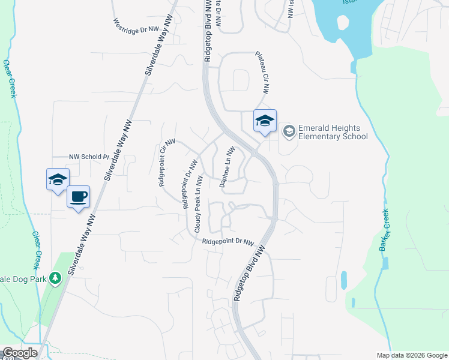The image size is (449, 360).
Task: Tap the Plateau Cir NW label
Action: pos(262,71)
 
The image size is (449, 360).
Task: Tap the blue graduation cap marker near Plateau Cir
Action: pos(265,121)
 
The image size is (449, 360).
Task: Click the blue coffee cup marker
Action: pos(78,197)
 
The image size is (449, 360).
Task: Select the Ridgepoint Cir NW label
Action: pos(166,163)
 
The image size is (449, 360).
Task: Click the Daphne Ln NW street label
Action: pos(226,167)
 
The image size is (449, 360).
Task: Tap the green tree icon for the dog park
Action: pos(55,278)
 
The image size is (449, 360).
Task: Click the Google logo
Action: pos(20,353)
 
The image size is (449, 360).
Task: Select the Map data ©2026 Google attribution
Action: pos(412,355)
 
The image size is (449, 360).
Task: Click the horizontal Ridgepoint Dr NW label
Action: pos(228,242)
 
